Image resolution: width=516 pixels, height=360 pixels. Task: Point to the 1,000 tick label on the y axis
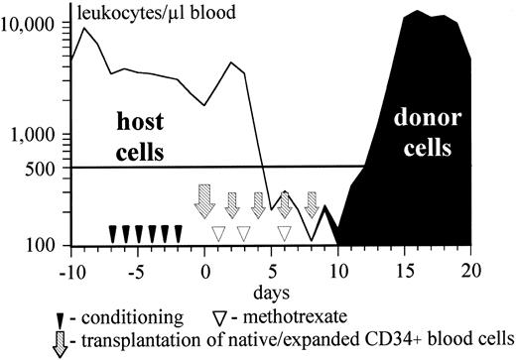(37, 135)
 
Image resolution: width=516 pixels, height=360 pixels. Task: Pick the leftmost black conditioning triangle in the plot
(113, 234)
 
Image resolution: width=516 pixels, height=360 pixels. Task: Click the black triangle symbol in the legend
(61, 318)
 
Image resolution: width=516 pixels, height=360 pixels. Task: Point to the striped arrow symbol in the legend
(62, 340)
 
